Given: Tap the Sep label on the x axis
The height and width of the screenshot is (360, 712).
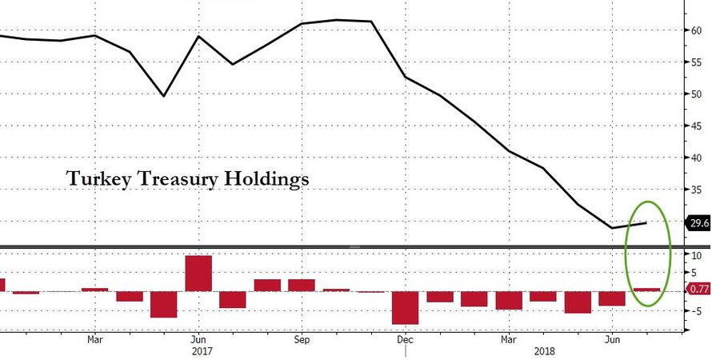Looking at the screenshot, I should click(x=301, y=338).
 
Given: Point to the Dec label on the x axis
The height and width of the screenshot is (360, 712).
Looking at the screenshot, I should click(x=405, y=338).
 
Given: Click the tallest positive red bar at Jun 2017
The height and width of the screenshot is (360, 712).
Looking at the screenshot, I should click(x=198, y=274).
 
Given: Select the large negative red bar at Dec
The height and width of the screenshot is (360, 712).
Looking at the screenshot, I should click(x=405, y=307).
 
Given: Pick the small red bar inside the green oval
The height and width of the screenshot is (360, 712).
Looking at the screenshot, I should click(x=646, y=289).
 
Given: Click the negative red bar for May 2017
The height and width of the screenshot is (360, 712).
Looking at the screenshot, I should click(x=163, y=304).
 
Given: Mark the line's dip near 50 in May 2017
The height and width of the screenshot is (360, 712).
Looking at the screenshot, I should click(x=163, y=96).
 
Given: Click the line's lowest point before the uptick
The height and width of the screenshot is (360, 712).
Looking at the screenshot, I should click(x=613, y=228).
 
